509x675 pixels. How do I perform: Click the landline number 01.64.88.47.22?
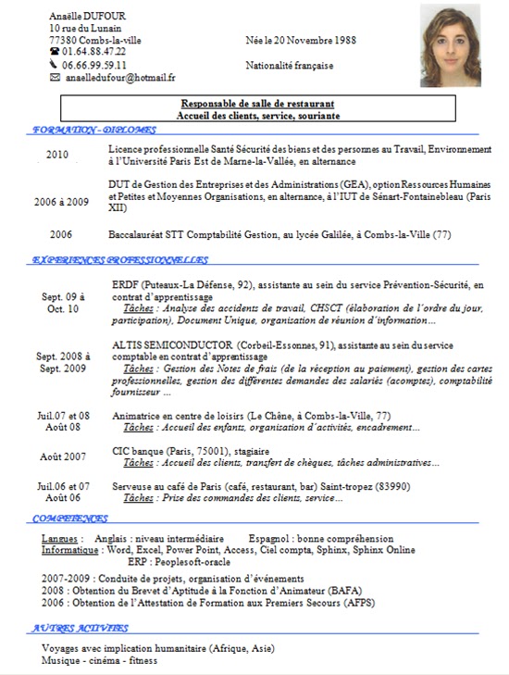pyautogui.click(x=94, y=53)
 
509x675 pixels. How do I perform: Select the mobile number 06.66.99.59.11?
pyautogui.click(x=94, y=66)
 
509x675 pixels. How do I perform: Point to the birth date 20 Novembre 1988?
pyautogui.click(x=310, y=42)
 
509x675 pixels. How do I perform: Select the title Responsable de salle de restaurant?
pyautogui.click(x=258, y=104)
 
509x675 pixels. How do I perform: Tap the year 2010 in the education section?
pyautogui.click(x=57, y=156)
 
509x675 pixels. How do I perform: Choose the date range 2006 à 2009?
pyautogui.click(x=61, y=201)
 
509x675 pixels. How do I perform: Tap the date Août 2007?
pyautogui.click(x=63, y=456)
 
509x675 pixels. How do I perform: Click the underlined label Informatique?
pyautogui.click(x=70, y=549)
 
